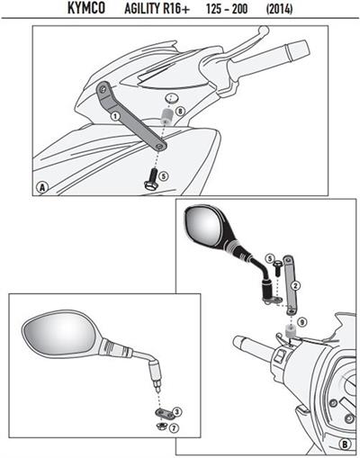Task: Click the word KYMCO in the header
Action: [x=86, y=8]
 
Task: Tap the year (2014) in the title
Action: [x=279, y=9]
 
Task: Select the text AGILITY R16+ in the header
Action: [x=157, y=9]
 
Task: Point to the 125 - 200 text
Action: [x=227, y=9]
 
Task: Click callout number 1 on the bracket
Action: [x=115, y=116]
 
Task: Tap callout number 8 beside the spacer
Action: [x=180, y=112]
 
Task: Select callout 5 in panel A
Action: [x=164, y=176]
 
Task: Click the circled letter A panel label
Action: [x=42, y=187]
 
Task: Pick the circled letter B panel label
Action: [x=345, y=444]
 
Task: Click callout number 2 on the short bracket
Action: [x=295, y=285]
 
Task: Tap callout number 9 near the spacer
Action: [x=302, y=322]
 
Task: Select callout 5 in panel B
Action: [x=270, y=258]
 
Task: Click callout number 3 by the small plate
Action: [x=177, y=411]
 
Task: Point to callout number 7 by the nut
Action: [x=174, y=427]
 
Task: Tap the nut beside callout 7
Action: [x=162, y=426]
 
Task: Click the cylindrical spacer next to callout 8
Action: [x=166, y=116]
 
